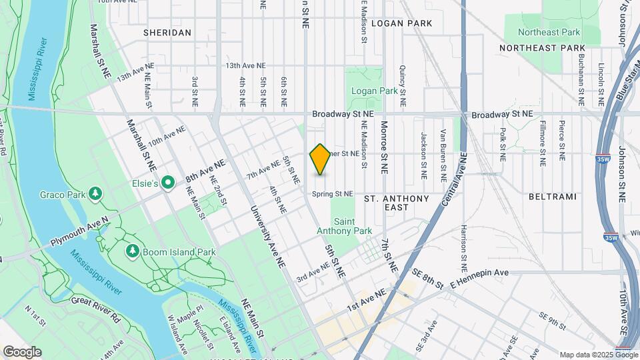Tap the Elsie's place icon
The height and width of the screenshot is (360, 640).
pos(169,181)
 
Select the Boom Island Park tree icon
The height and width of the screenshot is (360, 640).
pos(132,251)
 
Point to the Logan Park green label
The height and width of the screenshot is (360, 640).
pos(374,91)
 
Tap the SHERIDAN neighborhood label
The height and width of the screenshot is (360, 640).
pos(167,32)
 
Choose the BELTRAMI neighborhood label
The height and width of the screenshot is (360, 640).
pos(551,197)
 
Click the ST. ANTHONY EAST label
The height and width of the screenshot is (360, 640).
pos(397,203)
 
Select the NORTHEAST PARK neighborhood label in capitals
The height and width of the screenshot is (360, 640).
pos(542,48)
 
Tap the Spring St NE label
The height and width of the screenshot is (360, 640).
pos(333,194)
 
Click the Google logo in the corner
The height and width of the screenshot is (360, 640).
pos(22,351)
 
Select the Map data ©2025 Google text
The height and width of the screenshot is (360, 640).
pos(598,355)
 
